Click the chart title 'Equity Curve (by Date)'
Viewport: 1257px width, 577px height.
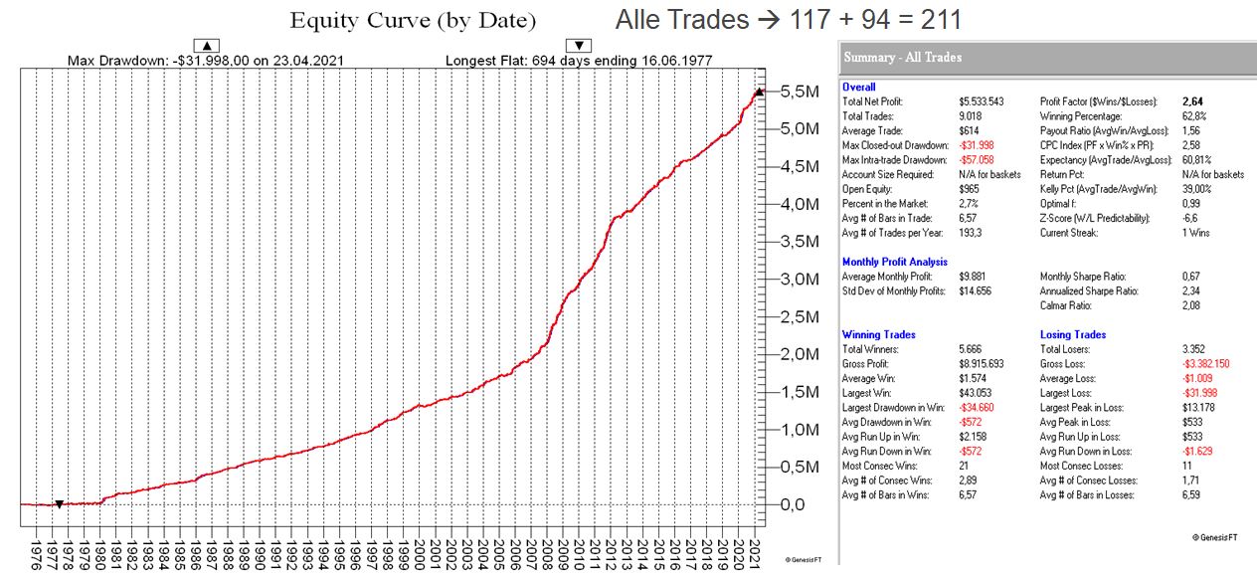[412, 21]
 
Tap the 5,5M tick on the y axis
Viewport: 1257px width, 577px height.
[800, 92]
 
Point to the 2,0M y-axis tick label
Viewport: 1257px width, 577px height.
[800, 354]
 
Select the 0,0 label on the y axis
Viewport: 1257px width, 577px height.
[793, 504]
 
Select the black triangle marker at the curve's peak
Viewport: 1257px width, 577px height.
[759, 92]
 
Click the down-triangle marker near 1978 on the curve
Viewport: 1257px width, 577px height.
[59, 504]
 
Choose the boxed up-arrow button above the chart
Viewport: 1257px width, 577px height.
[207, 45]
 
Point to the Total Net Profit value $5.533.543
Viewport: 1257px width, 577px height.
[982, 101]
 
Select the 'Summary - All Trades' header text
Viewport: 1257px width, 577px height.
[903, 58]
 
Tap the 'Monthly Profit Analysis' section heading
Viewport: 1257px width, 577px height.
[894, 262]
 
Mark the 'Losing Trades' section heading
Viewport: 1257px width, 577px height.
[1073, 334]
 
